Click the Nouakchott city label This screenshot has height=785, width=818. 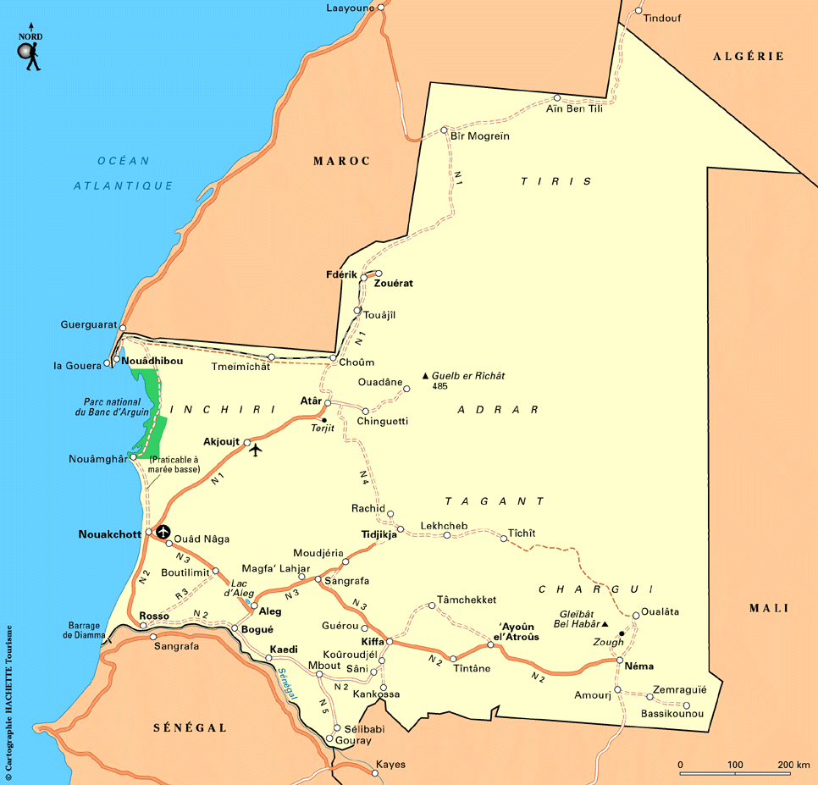point(109,534)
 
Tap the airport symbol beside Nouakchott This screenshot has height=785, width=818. point(163,533)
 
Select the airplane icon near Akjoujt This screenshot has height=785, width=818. point(257,449)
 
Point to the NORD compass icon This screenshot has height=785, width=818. point(30,51)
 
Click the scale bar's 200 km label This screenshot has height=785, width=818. point(793,765)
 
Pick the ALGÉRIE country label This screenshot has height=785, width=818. point(749,57)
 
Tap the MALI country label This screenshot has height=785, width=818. point(769,608)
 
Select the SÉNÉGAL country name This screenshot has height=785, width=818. point(190,727)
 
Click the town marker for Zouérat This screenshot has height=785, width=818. point(379,274)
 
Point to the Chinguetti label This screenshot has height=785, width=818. point(383,421)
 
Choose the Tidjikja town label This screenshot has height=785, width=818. point(379,535)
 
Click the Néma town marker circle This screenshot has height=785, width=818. point(620,661)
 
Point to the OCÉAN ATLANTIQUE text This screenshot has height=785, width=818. point(123,173)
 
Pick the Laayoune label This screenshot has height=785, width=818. point(349,8)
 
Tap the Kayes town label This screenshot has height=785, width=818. point(390,765)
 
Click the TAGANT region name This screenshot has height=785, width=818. point(495,501)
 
